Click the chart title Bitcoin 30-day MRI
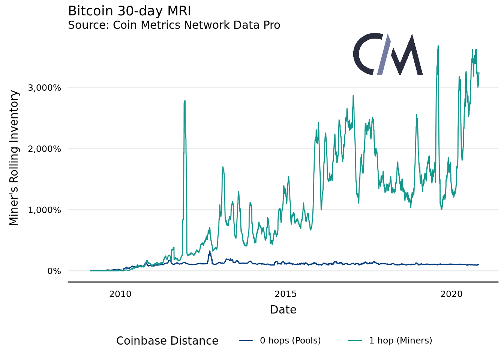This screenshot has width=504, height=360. (x=129, y=11)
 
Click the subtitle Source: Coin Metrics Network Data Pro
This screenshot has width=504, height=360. (x=174, y=25)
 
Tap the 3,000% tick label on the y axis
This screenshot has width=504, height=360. (x=44, y=88)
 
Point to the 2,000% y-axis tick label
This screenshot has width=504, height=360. (x=44, y=149)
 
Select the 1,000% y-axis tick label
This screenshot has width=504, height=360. (x=44, y=210)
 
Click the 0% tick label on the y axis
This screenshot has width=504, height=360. (x=54, y=271)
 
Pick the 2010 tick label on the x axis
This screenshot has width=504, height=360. (x=120, y=294)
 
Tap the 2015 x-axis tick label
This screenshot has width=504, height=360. (x=286, y=294)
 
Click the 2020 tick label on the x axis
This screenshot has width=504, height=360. (x=451, y=294)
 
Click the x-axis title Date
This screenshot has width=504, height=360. (x=283, y=310)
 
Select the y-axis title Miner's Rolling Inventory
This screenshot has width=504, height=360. (x=14, y=157)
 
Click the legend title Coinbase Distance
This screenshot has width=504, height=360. (x=167, y=341)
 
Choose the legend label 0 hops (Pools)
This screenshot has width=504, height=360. (x=290, y=340)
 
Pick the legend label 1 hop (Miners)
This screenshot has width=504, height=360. (x=400, y=340)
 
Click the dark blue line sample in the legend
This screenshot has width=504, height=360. (x=246, y=340)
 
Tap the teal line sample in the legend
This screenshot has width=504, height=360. (x=355, y=340)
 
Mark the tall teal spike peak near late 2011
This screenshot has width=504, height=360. (x=185, y=101)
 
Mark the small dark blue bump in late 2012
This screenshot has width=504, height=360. (x=210, y=252)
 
